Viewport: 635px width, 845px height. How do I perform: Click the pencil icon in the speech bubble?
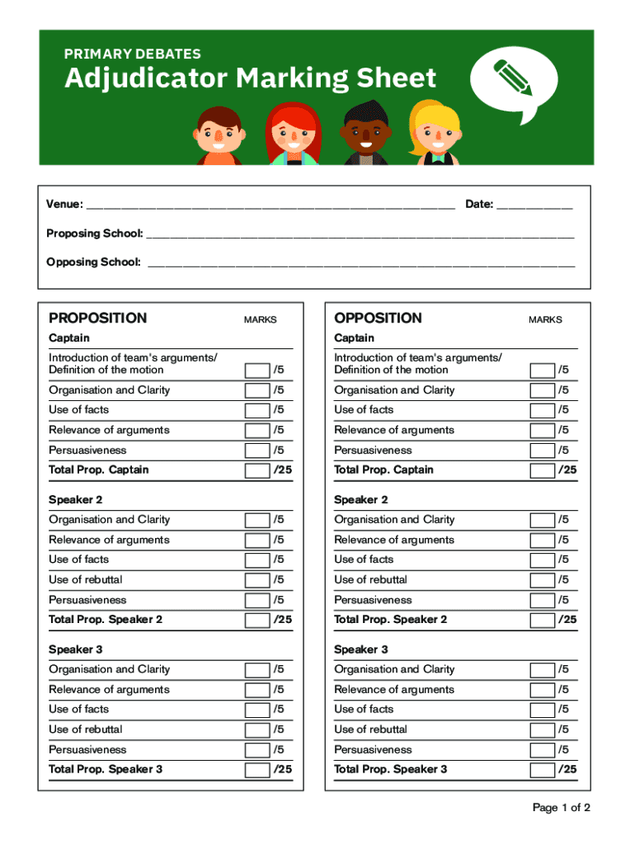(x=512, y=77)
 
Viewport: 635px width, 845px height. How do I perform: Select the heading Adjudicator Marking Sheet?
(x=250, y=79)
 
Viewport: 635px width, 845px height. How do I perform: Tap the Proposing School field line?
(x=360, y=235)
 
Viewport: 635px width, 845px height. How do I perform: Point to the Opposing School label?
(x=93, y=262)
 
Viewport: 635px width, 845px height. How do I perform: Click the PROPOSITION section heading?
(x=97, y=319)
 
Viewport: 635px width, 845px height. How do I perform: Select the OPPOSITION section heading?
(x=378, y=319)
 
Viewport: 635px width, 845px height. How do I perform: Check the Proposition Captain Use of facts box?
(x=257, y=410)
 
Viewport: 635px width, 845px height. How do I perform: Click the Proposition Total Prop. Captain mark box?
(x=257, y=470)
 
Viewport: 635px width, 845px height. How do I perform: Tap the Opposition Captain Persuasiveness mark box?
(x=542, y=451)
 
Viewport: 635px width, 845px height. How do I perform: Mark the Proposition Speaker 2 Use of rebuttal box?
(x=257, y=580)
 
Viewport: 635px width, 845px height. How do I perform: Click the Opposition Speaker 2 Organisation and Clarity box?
(x=542, y=520)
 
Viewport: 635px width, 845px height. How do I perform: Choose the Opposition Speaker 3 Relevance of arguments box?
(x=542, y=690)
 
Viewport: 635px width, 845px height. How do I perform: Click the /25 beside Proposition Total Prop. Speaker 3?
(x=283, y=769)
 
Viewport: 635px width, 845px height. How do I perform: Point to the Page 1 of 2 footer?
(x=561, y=808)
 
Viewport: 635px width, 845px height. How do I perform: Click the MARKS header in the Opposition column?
(x=545, y=320)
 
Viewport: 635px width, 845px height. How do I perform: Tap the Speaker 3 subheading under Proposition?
(x=75, y=649)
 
